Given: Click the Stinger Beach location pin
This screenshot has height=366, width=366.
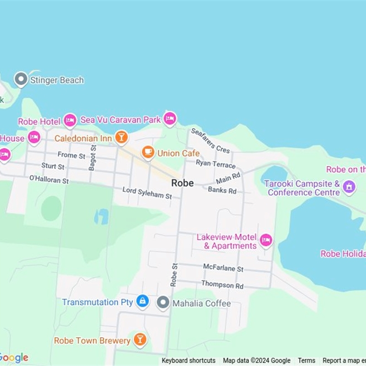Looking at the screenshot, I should pos(21,80).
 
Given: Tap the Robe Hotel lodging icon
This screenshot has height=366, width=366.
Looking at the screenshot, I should pos(70,120).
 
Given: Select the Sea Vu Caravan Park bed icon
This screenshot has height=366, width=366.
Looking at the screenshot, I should pos(170,118).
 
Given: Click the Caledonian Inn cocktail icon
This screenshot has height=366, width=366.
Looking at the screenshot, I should pos(121,137).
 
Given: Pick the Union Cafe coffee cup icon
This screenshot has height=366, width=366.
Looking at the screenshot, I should pos(148,152).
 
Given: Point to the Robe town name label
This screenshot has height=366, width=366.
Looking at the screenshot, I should pos(182,183).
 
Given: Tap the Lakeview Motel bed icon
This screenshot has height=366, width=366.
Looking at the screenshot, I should pos(266,240).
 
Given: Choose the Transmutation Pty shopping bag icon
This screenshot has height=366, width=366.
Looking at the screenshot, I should pos(143,301).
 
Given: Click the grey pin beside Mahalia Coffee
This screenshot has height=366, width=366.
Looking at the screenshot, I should pos(163,302).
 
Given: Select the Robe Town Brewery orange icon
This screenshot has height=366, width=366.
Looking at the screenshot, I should pos(140,340).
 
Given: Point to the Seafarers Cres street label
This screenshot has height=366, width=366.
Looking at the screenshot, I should pos(210,140).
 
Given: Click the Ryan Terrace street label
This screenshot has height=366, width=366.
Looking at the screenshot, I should pos(215,164).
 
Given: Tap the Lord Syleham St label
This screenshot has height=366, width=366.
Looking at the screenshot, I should pos(147,193).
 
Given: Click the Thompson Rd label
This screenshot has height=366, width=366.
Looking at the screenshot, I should pos(222,285).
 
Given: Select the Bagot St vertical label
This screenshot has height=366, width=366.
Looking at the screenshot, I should pos(93,158).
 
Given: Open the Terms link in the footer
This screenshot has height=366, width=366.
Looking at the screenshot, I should pos(307,361).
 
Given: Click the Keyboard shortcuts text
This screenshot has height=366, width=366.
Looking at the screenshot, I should pos(188,361).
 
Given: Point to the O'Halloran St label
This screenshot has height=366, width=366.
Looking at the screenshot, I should pos(48,179).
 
